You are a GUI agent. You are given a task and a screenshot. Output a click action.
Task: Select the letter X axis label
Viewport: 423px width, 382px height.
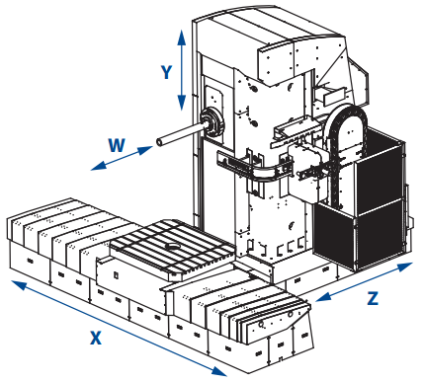95,337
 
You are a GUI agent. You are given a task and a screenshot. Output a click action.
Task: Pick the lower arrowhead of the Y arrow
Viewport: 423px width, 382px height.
181,110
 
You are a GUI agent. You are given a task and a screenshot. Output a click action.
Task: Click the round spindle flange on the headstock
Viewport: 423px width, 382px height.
210,121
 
